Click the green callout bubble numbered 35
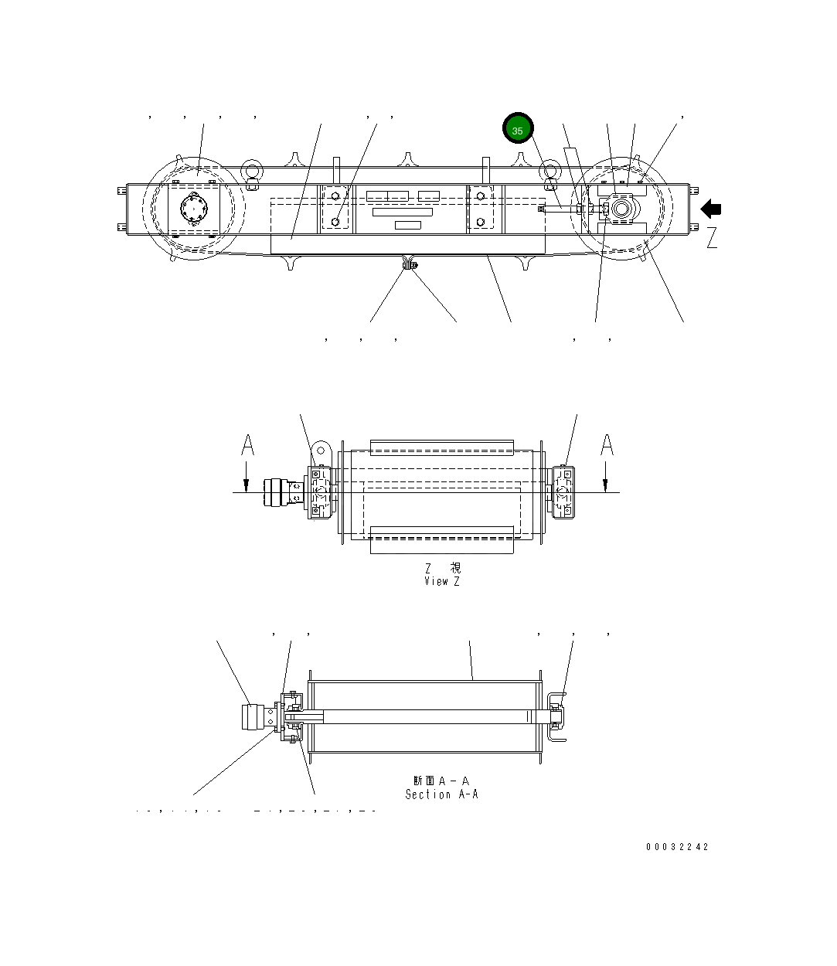[x=518, y=130]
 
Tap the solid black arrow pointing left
[x=711, y=209]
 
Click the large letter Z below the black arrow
[x=712, y=238]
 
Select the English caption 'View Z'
[x=441, y=581]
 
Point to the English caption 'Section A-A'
[x=441, y=794]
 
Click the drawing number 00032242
[x=677, y=847]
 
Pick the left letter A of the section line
[x=247, y=446]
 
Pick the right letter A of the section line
[x=607, y=446]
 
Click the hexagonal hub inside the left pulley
[x=192, y=209]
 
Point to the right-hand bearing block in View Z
[x=564, y=492]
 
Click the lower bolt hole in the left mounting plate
[x=335, y=223]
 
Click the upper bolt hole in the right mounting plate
[x=481, y=196]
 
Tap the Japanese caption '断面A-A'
[x=441, y=781]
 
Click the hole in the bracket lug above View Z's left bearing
[x=321, y=450]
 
